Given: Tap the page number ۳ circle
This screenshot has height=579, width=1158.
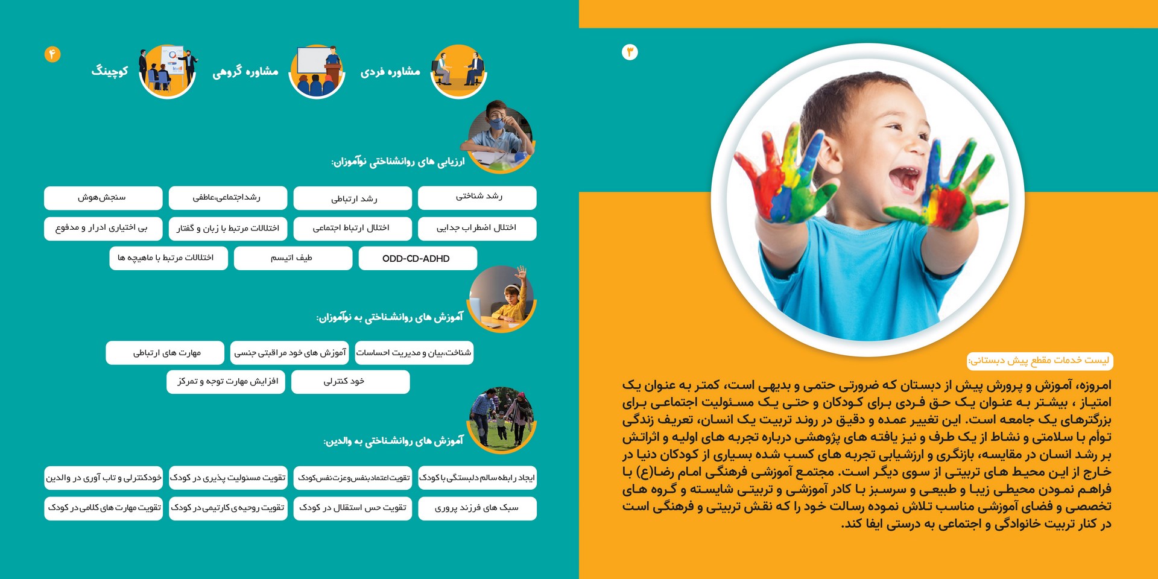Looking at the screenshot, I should pyautogui.click(x=630, y=52).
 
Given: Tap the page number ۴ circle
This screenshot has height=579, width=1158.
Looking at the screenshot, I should pyautogui.click(x=52, y=54).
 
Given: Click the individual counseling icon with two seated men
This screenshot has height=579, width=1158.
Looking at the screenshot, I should pyautogui.click(x=459, y=71).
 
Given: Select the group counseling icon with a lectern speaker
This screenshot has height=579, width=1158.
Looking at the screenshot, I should pyautogui.click(x=317, y=71).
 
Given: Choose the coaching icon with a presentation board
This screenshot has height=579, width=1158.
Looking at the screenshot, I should pyautogui.click(x=168, y=71).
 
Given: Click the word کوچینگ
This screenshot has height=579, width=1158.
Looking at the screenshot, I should pyautogui.click(x=110, y=71).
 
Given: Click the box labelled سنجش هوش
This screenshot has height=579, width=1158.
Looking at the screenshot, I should pyautogui.click(x=103, y=198).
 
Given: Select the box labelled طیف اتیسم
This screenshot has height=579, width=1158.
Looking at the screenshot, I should pyautogui.click(x=293, y=258).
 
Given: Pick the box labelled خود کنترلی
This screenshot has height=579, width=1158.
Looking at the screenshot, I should pyautogui.click(x=350, y=382).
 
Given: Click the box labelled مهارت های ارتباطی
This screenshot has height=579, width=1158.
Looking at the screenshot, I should pyautogui.click(x=165, y=353).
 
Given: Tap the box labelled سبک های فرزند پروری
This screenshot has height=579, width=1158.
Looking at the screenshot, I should pyautogui.click(x=477, y=508).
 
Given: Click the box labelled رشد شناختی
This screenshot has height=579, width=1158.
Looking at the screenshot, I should pyautogui.click(x=477, y=197).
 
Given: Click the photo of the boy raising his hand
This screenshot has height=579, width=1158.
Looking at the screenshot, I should pyautogui.click(x=502, y=299).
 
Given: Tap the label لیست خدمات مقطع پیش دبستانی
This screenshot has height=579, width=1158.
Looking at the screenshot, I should pyautogui.click(x=1040, y=361).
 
